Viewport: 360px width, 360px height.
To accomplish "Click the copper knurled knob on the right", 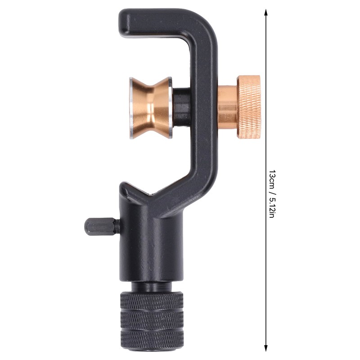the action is tap(249, 107).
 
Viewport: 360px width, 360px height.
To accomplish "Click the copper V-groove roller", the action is tap(151, 108).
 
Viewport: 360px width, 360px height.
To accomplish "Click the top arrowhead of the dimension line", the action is tap(265, 12).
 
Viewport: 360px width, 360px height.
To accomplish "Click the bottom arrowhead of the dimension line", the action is tap(265, 348).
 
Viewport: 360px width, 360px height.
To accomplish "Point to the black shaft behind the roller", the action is tap(181, 107).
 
